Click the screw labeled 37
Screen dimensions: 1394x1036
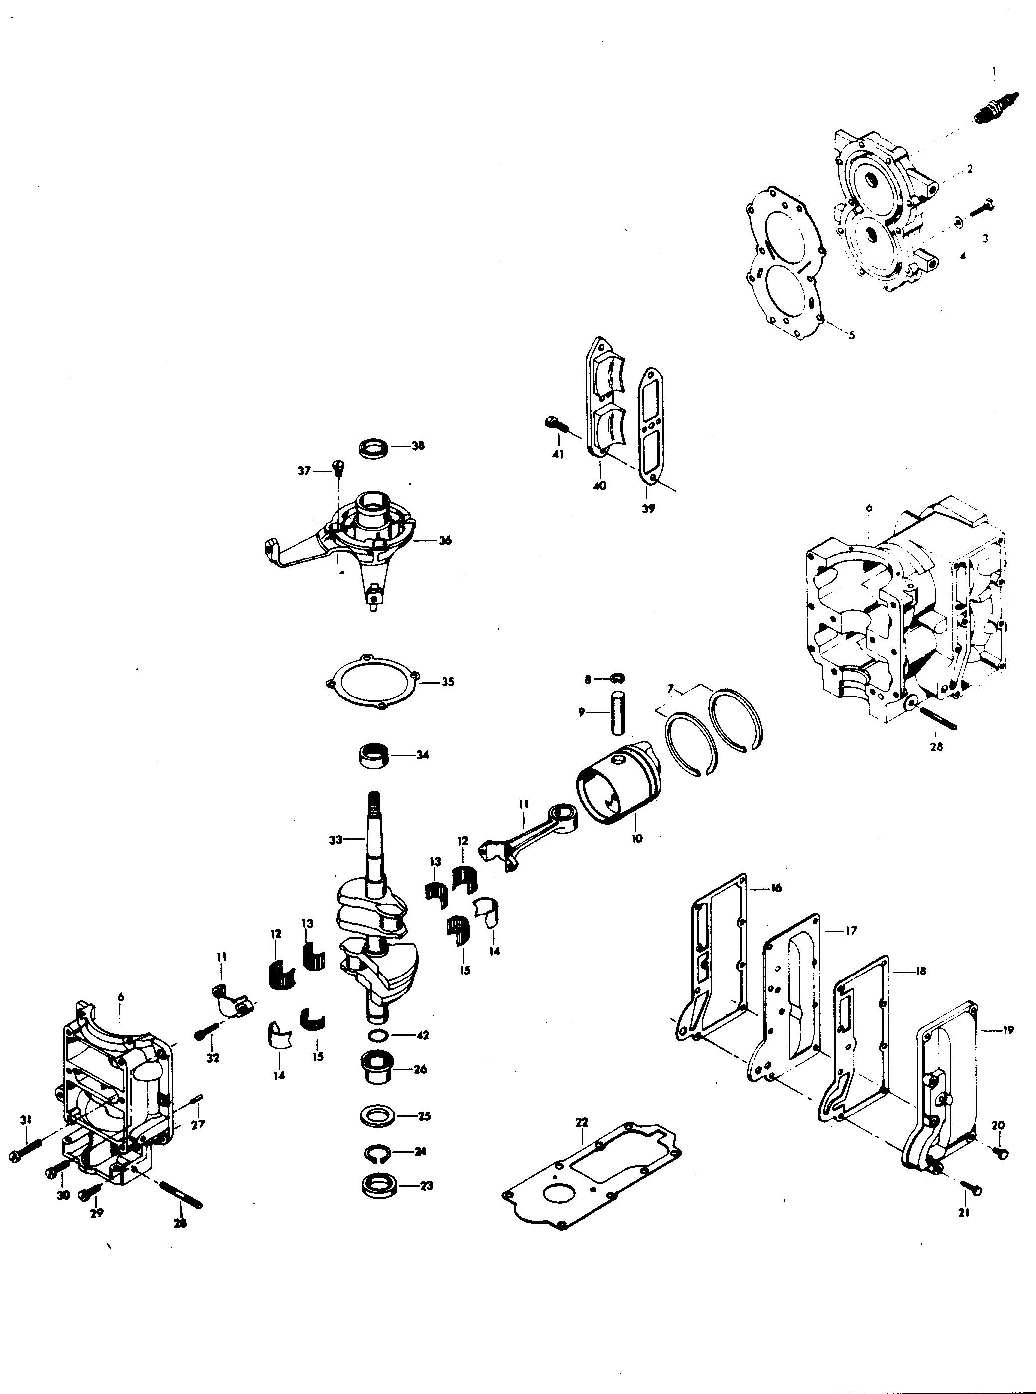coord(339,469)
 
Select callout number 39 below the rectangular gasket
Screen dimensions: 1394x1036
coord(648,509)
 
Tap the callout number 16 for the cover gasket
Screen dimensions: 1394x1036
coord(776,888)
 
